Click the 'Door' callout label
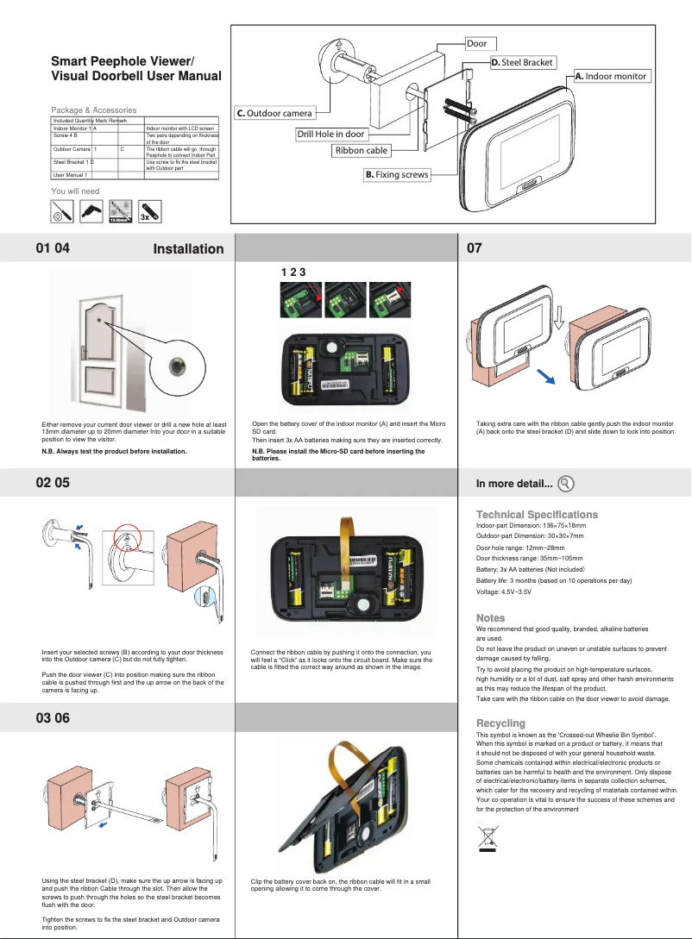[x=476, y=43]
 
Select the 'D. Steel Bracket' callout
[x=522, y=62]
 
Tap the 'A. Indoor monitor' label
[x=610, y=76]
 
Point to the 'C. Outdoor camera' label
[x=274, y=113]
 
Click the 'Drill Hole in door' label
[x=330, y=134]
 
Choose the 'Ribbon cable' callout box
[x=362, y=150]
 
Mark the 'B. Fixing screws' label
[x=395, y=175]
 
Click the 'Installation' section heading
[x=188, y=249]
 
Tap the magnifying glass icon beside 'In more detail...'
[x=567, y=484]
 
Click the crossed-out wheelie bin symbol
[x=488, y=837]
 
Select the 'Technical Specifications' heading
[x=537, y=514]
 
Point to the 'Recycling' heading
[x=500, y=723]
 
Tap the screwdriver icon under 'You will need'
[x=60, y=210]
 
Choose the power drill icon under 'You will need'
[x=90, y=210]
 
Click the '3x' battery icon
[x=148, y=210]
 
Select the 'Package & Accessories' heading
[x=93, y=110]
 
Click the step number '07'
[x=475, y=249]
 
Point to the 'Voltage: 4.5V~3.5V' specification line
[x=504, y=593]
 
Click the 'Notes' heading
[x=490, y=618]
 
